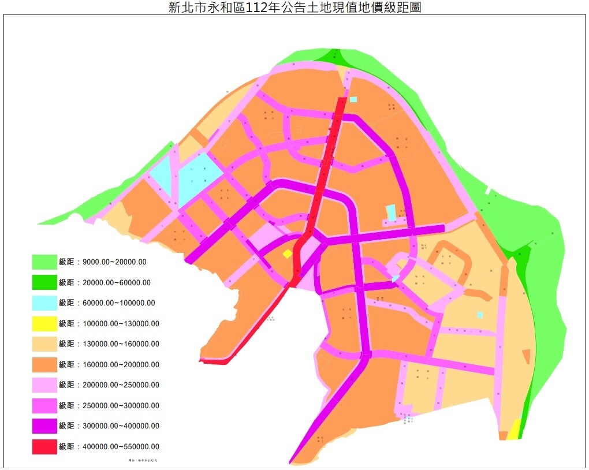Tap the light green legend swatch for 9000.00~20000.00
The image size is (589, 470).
click(44, 262)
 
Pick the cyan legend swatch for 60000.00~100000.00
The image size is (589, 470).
click(44, 303)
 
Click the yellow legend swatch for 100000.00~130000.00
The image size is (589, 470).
click(44, 323)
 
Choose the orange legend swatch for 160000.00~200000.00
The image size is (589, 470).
click(44, 364)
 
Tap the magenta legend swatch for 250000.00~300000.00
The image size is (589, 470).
click(44, 405)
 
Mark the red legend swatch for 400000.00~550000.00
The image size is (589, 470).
click(44, 446)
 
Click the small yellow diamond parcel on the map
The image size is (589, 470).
click(287, 253)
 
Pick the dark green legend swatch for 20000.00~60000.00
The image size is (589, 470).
click(44, 282)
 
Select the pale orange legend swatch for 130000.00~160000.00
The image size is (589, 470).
click(44, 344)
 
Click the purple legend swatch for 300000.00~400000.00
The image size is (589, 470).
click(44, 426)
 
